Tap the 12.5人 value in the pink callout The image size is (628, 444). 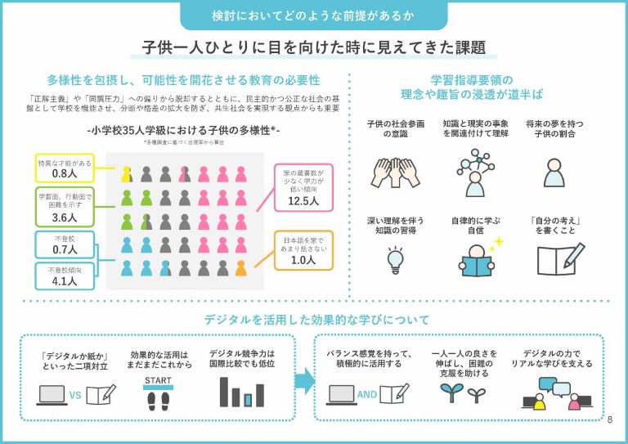pyautogui.click(x=303, y=201)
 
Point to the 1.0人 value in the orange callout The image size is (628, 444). pyautogui.click(x=303, y=260)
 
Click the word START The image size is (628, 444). pyautogui.click(x=159, y=381)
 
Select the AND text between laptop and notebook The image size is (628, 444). pyautogui.click(x=367, y=394)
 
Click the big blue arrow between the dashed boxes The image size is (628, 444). pyautogui.click(x=304, y=379)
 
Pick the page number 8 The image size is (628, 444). pyautogui.click(x=610, y=420)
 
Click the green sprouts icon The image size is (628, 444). pyautogui.click(x=452, y=393)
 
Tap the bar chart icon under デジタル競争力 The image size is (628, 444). pyautogui.click(x=241, y=392)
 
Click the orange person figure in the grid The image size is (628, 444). pyautogui.click(x=240, y=267)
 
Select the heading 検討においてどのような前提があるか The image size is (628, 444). pyautogui.click(x=313, y=15)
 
